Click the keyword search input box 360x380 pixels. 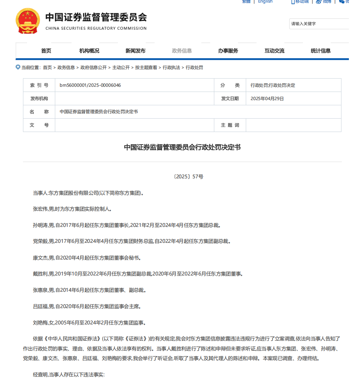[x=319, y=24]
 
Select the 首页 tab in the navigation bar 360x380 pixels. [x=46, y=51]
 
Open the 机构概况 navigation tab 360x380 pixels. [x=89, y=51]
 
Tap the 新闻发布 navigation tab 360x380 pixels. [x=135, y=51]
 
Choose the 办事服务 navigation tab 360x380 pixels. [x=228, y=51]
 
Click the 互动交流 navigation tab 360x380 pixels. [x=274, y=51]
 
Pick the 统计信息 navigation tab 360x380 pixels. [x=321, y=51]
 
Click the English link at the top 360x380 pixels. [x=265, y=2]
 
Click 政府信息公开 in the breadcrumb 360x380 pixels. [x=93, y=67]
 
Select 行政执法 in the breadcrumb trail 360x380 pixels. [x=171, y=67]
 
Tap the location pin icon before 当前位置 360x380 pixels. [x=18, y=67]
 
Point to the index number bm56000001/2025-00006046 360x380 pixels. [x=90, y=85]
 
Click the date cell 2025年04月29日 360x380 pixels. [x=267, y=99]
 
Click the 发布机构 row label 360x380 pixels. [x=39, y=99]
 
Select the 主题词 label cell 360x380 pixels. [x=230, y=125]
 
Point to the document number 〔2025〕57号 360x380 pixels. [x=188, y=177]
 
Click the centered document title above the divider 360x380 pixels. [x=182, y=147]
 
